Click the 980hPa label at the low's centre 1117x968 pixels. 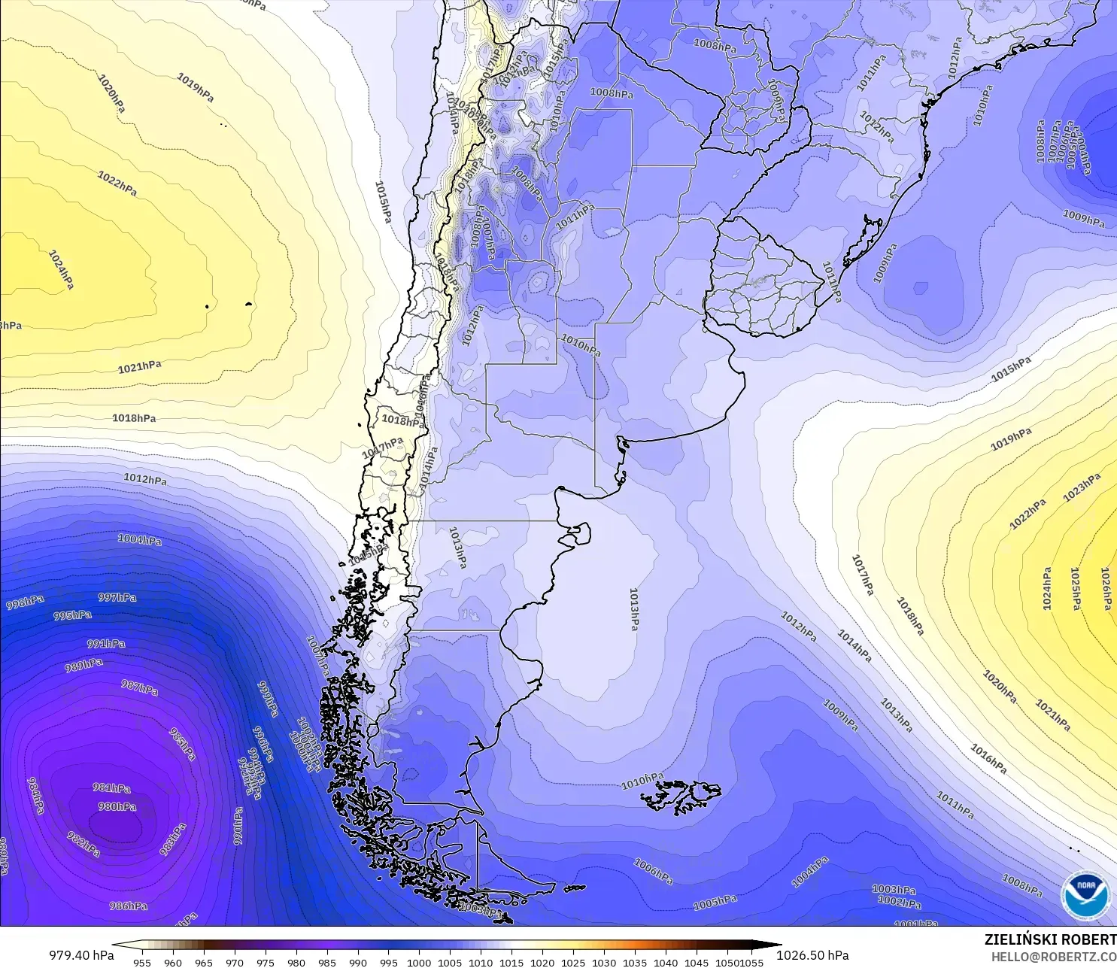point(117,807)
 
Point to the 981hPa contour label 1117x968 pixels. point(111,788)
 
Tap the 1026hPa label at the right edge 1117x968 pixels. point(1106,589)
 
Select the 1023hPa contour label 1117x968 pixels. point(1082,487)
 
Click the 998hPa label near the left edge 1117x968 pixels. point(25,602)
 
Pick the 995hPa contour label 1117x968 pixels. point(72,615)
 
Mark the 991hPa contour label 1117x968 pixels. point(106,644)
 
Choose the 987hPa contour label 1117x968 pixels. point(140,687)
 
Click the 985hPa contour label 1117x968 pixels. point(182,744)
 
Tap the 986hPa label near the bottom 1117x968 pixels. point(128,906)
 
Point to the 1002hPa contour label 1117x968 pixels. point(899,902)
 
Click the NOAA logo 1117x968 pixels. point(1085,895)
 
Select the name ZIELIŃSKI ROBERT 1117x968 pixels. point(1050,939)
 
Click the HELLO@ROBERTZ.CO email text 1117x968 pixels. point(1053,957)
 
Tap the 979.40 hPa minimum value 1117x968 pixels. point(81,955)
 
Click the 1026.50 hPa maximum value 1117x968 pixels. point(812,955)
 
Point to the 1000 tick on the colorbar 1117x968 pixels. point(419,962)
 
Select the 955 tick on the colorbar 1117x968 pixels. point(142,962)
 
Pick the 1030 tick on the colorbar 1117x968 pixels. point(604,962)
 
